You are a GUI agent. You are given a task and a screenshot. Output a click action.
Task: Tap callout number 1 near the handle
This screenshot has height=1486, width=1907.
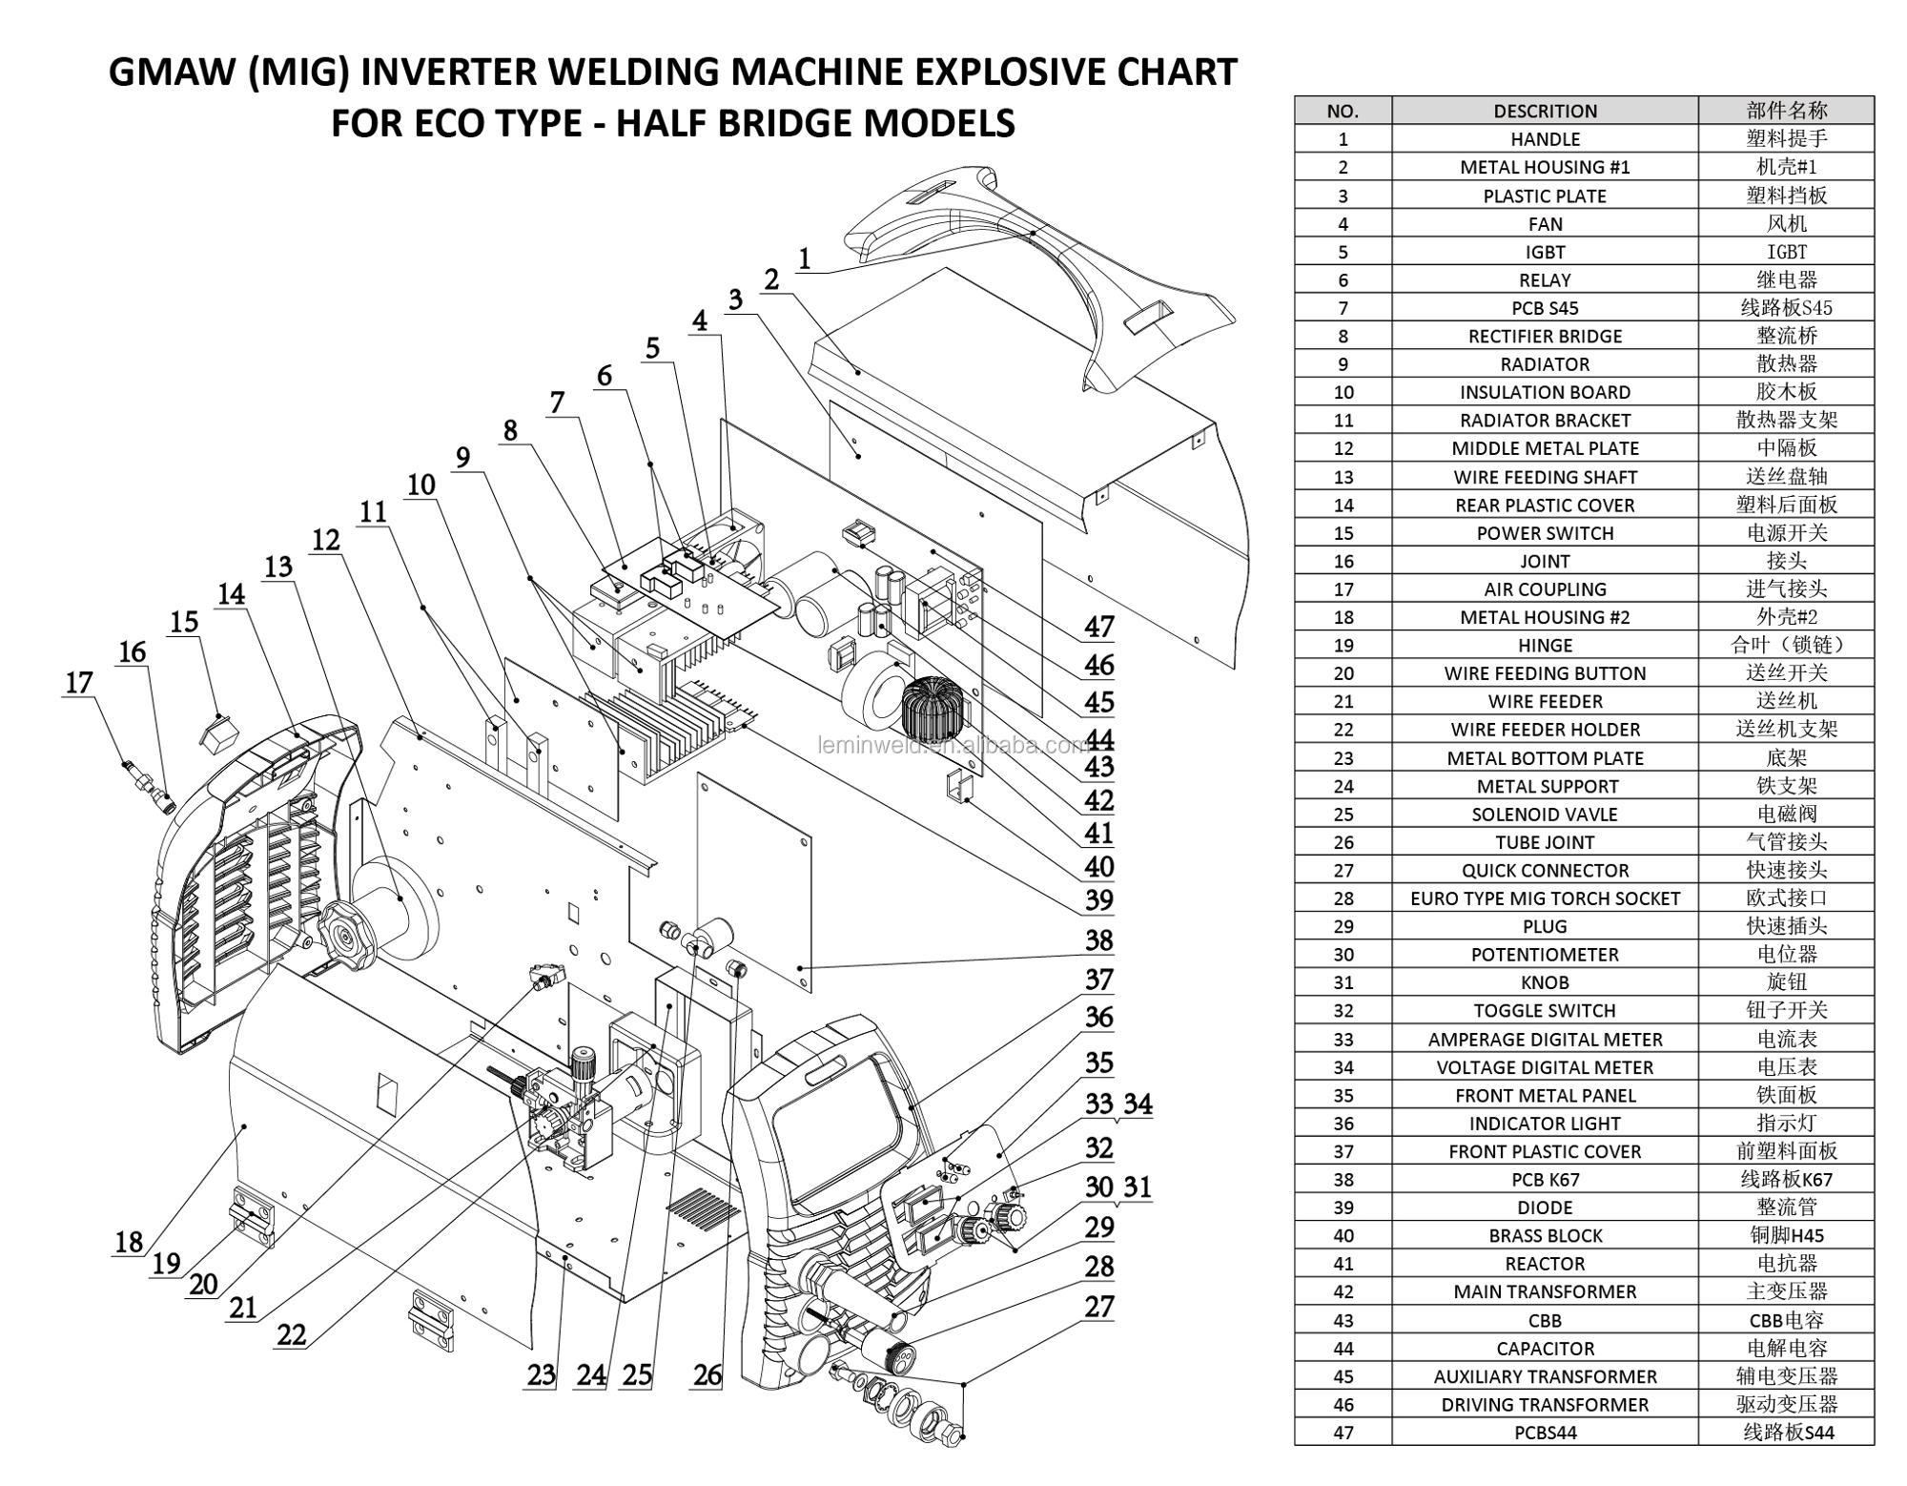tap(805, 258)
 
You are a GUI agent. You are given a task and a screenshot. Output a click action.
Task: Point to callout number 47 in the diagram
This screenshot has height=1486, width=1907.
tap(1098, 627)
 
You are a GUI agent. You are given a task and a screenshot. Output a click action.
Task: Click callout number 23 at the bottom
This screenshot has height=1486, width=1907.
tap(541, 1374)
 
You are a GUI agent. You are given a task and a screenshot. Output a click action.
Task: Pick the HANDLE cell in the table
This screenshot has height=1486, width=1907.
tap(1544, 139)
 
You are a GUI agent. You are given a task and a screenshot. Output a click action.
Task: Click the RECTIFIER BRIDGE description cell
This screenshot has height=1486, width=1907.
tap(1544, 336)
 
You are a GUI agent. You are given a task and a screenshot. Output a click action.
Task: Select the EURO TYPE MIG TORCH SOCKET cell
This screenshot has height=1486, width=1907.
tap(1544, 898)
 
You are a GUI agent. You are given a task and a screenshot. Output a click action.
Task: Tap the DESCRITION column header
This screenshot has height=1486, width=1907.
tap(1544, 111)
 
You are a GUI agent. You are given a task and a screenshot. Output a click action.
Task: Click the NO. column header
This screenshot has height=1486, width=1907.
tap(1342, 111)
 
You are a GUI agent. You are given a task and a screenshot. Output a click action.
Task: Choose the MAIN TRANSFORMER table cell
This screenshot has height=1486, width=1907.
tap(1544, 1291)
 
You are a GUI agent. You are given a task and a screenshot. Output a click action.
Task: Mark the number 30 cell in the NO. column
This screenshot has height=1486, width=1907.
tap(1342, 955)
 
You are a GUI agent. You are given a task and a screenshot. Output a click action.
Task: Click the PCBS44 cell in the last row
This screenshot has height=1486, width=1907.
tap(1544, 1433)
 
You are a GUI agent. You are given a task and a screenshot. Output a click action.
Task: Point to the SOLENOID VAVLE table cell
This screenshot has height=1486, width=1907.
tap(1544, 815)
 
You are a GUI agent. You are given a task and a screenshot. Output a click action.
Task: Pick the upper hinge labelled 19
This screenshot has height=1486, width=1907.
tap(252, 1215)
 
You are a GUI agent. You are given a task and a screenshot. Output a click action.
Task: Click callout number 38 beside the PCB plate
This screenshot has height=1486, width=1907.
tap(1098, 940)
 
